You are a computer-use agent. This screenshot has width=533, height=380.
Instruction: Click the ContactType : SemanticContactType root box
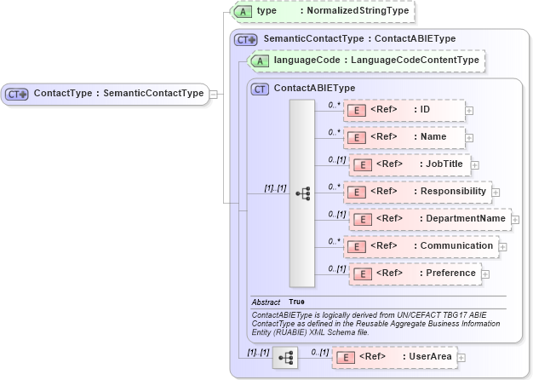tap(106, 94)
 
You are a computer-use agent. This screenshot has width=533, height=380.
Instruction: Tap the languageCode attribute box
tap(366, 60)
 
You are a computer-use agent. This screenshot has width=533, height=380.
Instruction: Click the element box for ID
tap(404, 110)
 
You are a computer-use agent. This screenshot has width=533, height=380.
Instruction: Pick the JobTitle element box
tap(410, 164)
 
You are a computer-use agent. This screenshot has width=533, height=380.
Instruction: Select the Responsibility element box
tap(417, 192)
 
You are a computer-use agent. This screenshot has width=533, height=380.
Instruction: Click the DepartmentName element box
tap(427, 219)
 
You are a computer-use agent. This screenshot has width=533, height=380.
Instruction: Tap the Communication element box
tap(420, 246)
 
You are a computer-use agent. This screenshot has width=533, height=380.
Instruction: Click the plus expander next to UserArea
tap(461, 357)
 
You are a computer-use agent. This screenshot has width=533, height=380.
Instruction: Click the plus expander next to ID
tap(469, 111)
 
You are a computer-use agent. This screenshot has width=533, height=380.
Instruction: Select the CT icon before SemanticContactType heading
tap(247, 39)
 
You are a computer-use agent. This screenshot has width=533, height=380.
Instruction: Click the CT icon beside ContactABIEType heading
tap(260, 88)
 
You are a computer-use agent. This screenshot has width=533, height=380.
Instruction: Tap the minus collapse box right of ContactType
tap(214, 94)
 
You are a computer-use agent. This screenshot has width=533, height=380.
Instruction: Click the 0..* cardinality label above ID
tap(335, 104)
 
